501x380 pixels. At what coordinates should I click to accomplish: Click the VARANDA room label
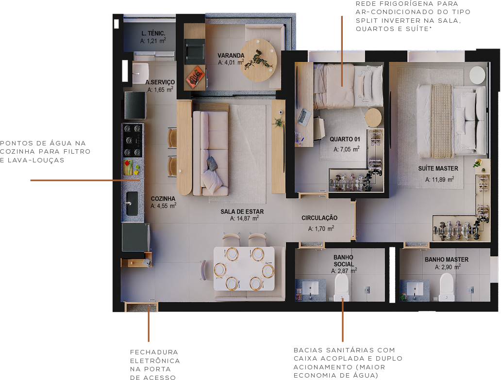231,56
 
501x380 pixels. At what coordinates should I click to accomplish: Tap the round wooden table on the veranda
259,60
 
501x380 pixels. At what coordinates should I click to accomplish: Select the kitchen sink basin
132,203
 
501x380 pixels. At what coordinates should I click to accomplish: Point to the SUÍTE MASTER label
438,169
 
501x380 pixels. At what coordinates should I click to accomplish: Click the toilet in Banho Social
342,287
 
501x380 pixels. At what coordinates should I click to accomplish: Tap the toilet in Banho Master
446,287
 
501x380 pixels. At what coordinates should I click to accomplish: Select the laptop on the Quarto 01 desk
304,116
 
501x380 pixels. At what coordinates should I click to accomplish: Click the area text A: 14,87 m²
244,218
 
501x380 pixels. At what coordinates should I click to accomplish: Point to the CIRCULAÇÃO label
319,218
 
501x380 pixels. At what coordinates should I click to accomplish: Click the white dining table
244,269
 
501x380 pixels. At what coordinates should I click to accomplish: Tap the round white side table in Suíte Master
477,75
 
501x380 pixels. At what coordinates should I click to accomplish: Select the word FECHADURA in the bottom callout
154,352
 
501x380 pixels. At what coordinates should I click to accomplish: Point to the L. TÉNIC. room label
153,33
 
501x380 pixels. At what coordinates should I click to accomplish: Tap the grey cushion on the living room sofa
212,163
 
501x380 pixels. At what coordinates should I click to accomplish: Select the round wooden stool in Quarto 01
373,118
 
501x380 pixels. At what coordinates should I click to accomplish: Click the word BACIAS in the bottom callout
308,350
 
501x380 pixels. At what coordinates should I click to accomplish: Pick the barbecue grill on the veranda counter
195,51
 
